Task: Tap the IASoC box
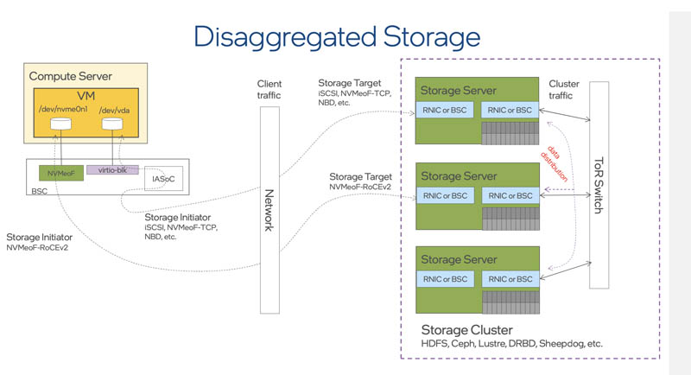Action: tap(162, 178)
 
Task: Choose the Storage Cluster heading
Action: tap(466, 330)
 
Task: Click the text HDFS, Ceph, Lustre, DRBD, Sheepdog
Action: tap(510, 344)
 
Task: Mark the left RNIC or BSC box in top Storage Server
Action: tap(445, 109)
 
